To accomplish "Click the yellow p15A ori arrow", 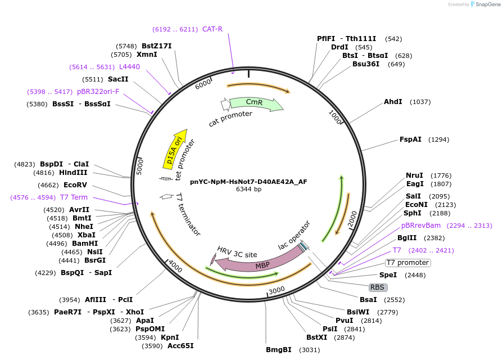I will click(175, 149).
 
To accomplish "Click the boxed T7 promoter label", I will click(408, 263).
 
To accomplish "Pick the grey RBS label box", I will click(377, 287).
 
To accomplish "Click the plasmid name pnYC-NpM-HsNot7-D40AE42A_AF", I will click(248, 181).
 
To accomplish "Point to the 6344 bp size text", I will click(248, 189).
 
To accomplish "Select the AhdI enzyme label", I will click(393, 102).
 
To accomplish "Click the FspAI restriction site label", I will click(410, 139).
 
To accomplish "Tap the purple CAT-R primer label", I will click(212, 29).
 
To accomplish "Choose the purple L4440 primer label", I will click(129, 66).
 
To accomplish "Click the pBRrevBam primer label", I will click(421, 226).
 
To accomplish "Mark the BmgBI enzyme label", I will click(279, 349).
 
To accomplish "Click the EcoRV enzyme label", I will click(75, 184).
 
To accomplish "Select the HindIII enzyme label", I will click(74, 173).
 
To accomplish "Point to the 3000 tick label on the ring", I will click(277, 290).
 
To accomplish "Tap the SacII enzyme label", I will click(118, 79).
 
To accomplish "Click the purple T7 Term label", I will click(74, 197).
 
